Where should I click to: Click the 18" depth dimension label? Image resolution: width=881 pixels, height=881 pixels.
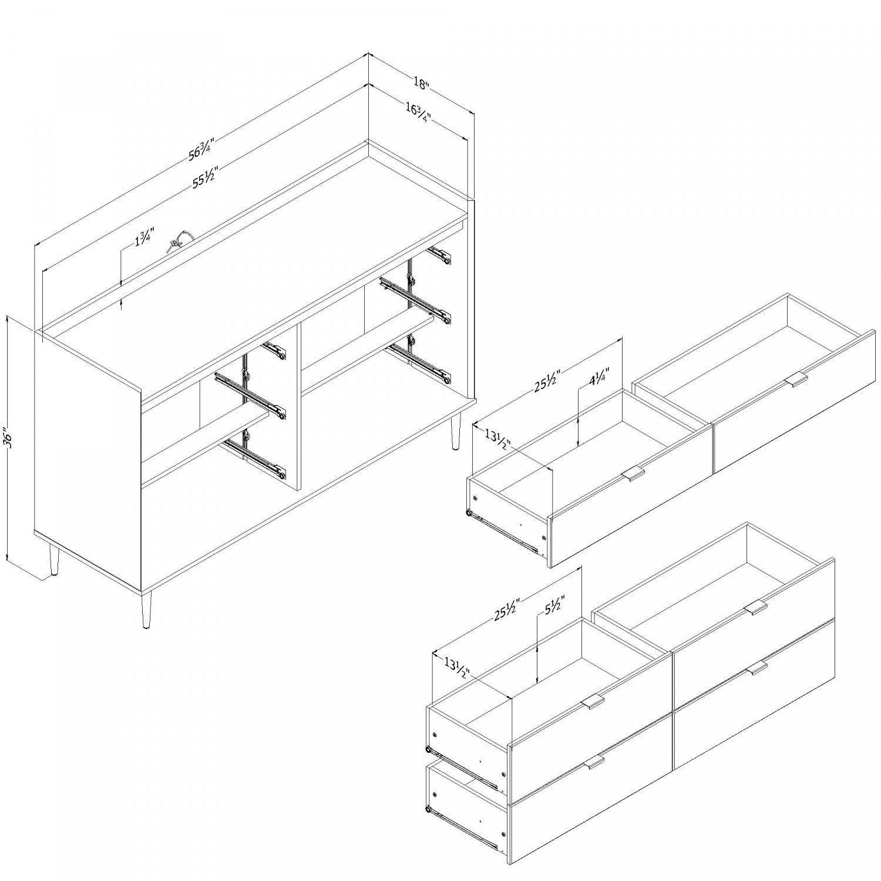[x=421, y=83]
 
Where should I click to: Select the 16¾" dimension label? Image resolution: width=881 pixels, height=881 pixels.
[x=418, y=111]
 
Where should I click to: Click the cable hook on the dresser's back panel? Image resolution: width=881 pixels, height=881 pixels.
[x=178, y=241]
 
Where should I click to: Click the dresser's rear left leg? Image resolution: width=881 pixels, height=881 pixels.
[x=53, y=559]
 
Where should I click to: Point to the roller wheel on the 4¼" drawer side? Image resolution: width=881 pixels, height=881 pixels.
[x=469, y=515]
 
